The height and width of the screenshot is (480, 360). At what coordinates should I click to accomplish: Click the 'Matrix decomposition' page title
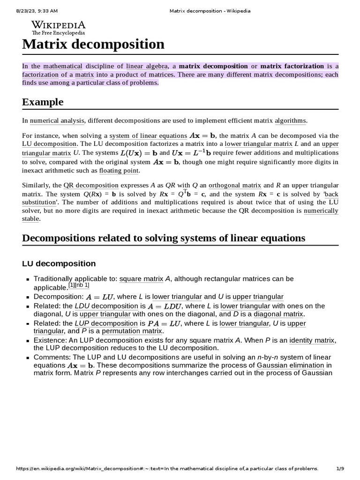tap(93, 45)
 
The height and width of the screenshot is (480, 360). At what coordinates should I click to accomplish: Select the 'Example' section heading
tap(43, 102)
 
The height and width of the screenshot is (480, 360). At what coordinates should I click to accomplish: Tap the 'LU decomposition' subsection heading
tap(59, 263)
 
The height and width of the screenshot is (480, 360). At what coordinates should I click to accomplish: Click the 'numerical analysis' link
tap(57, 120)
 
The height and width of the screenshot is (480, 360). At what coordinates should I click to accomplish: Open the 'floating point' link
tap(119, 171)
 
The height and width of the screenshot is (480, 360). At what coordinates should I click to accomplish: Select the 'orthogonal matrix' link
tap(234, 185)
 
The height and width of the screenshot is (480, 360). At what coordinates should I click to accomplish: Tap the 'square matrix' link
tap(141, 279)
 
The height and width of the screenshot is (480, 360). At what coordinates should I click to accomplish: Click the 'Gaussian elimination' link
tap(290, 365)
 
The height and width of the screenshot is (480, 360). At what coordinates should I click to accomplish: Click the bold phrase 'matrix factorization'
tap(292, 66)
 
